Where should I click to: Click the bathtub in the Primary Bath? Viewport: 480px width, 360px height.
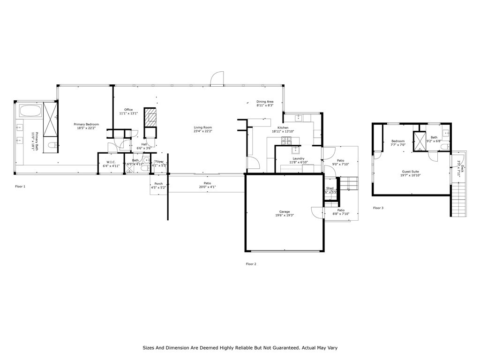pos(30,112)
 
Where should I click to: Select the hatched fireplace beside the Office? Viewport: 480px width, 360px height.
pos(150,117)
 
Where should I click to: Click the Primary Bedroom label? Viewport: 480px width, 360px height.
pos(86,124)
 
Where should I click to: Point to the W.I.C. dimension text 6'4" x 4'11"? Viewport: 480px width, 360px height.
pos(111,165)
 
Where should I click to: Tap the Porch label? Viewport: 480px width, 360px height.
pos(158,184)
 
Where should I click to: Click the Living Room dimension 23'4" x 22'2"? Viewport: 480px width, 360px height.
pos(203,131)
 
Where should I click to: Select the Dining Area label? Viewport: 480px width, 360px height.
pos(265,102)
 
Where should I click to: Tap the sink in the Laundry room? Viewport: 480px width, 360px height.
pos(296,150)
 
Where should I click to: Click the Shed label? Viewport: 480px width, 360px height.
pos(330,188)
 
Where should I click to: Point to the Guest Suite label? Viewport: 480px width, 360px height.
pos(411,172)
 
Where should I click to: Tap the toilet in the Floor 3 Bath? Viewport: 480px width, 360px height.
pos(444,147)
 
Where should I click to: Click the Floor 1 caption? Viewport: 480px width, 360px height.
pos(20,187)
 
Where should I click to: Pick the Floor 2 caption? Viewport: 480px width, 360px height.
pos(251,264)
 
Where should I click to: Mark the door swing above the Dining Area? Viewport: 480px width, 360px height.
pos(217,79)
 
